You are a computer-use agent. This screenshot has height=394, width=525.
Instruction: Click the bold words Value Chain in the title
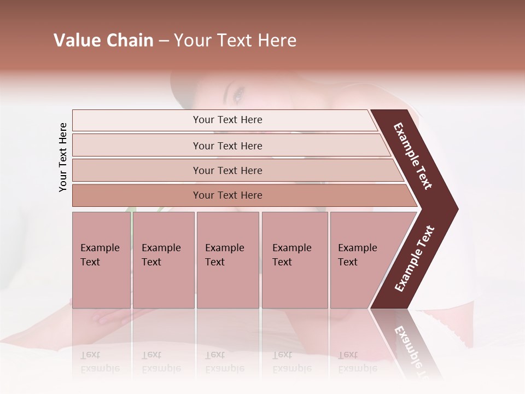pyautogui.click(x=103, y=40)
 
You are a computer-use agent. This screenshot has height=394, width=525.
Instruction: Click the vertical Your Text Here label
pyautogui.click(x=63, y=157)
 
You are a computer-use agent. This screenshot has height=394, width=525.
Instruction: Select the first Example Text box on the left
pyautogui.click(x=101, y=260)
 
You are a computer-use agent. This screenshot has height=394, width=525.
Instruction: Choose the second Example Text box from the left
pyautogui.click(x=164, y=260)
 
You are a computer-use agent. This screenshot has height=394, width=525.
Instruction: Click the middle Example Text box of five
pyautogui.click(x=227, y=260)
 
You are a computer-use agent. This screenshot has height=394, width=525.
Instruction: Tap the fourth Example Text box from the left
pyautogui.click(x=295, y=260)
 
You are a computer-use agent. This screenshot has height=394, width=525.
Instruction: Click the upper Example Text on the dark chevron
pyautogui.click(x=413, y=157)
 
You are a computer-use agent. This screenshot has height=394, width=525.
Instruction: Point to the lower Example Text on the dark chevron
pyautogui.click(x=415, y=258)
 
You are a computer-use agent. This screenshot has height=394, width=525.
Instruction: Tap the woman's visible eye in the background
pyautogui.click(x=238, y=97)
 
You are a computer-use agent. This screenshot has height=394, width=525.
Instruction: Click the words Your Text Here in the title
pyautogui.click(x=235, y=40)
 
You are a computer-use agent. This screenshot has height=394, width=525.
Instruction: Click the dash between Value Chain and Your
pyautogui.click(x=164, y=41)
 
